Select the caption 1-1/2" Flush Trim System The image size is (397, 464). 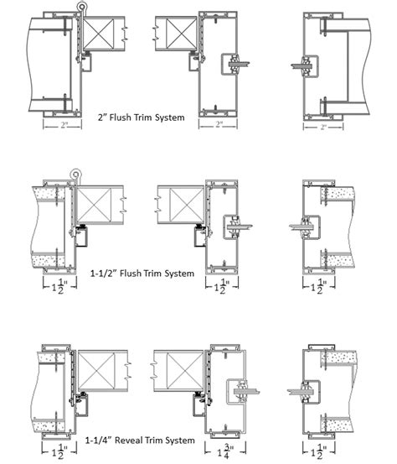click(142, 273)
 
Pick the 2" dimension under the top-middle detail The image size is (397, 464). click(218, 124)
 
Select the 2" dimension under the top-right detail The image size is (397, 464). click(322, 128)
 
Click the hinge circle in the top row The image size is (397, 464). click(82, 8)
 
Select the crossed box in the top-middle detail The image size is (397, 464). click(177, 34)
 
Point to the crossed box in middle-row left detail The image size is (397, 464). click(97, 205)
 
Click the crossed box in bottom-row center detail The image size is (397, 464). click(179, 370)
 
